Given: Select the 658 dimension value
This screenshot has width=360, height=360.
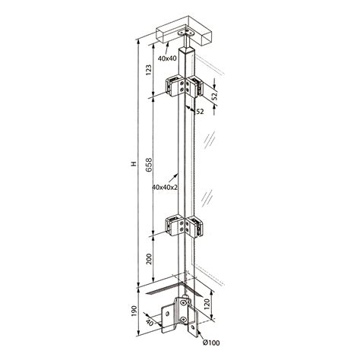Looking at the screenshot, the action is pos(149,165).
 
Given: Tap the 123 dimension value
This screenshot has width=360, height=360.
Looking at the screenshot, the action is pos(149,70).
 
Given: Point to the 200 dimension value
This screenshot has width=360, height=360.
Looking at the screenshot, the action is pos(149,259).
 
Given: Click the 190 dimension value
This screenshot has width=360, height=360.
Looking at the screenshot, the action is pos(134,311).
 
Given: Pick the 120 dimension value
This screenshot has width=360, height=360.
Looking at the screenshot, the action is pos(207,304).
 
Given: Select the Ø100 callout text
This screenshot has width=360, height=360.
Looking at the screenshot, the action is pos(211,343).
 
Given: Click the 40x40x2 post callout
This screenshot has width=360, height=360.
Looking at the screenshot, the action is pos(165,187).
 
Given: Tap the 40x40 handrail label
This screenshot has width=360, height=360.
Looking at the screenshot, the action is pos(167,58).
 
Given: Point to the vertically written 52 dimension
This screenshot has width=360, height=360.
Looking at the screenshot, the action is pos(215,96).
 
